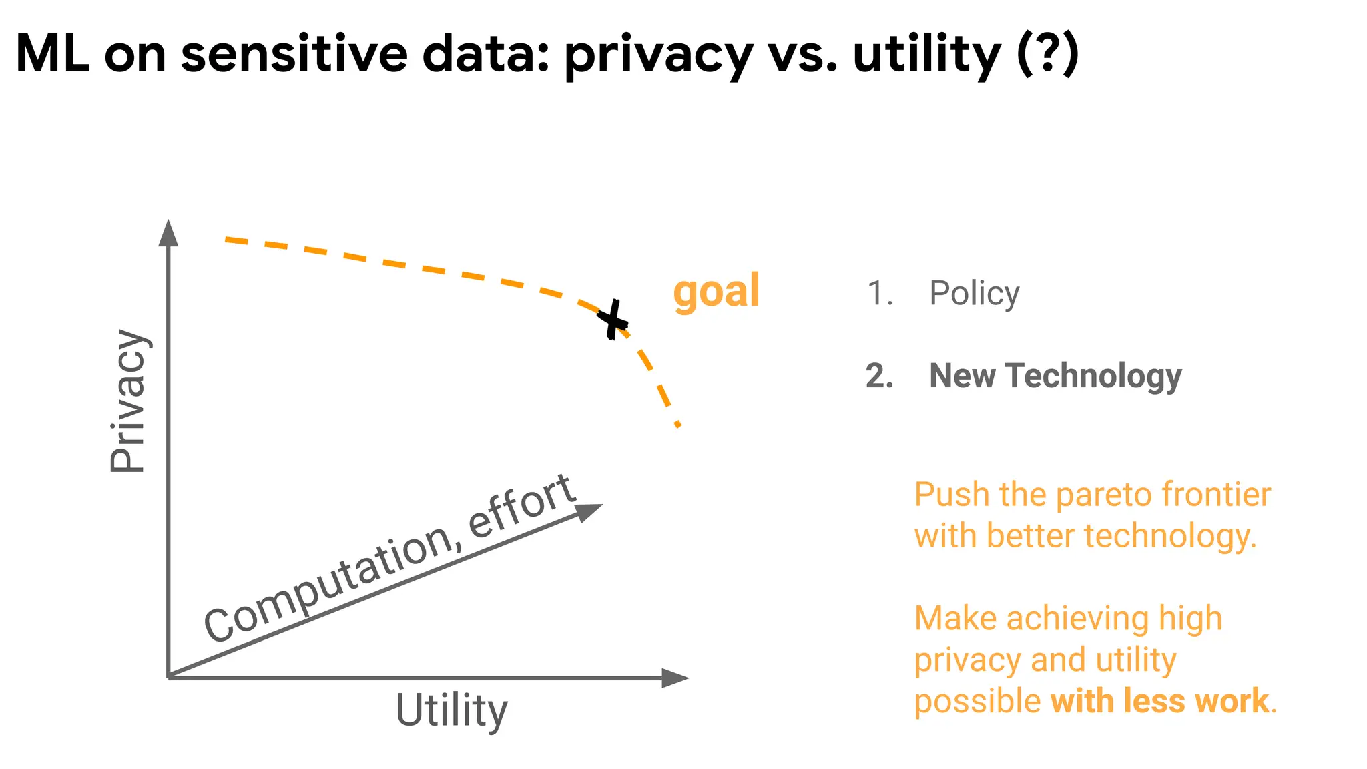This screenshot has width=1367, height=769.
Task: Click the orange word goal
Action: pyautogui.click(x=716, y=291)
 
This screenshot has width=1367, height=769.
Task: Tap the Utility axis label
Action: pyautogui.click(x=452, y=710)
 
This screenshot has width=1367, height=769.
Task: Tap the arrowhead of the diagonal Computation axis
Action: pyautogui.click(x=588, y=511)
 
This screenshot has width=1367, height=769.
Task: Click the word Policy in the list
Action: pyautogui.click(x=974, y=294)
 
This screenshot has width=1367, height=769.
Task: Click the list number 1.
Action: pyautogui.click(x=879, y=294)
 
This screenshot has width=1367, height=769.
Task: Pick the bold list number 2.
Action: pyautogui.click(x=879, y=376)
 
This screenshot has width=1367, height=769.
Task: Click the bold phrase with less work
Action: pyautogui.click(x=1159, y=701)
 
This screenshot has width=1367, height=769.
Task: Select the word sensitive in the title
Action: pyautogui.click(x=294, y=55)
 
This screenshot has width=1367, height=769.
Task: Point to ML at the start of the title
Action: pyautogui.click(x=52, y=55)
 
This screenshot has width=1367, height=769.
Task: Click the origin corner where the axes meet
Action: pyautogui.click(x=169, y=677)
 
